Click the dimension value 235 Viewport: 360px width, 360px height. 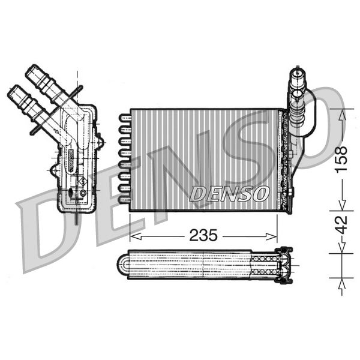pos(203,235)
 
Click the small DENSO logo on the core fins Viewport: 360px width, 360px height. pos(229,193)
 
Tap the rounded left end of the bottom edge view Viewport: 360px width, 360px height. pos(122,265)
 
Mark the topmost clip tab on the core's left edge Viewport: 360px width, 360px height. pos(124,117)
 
